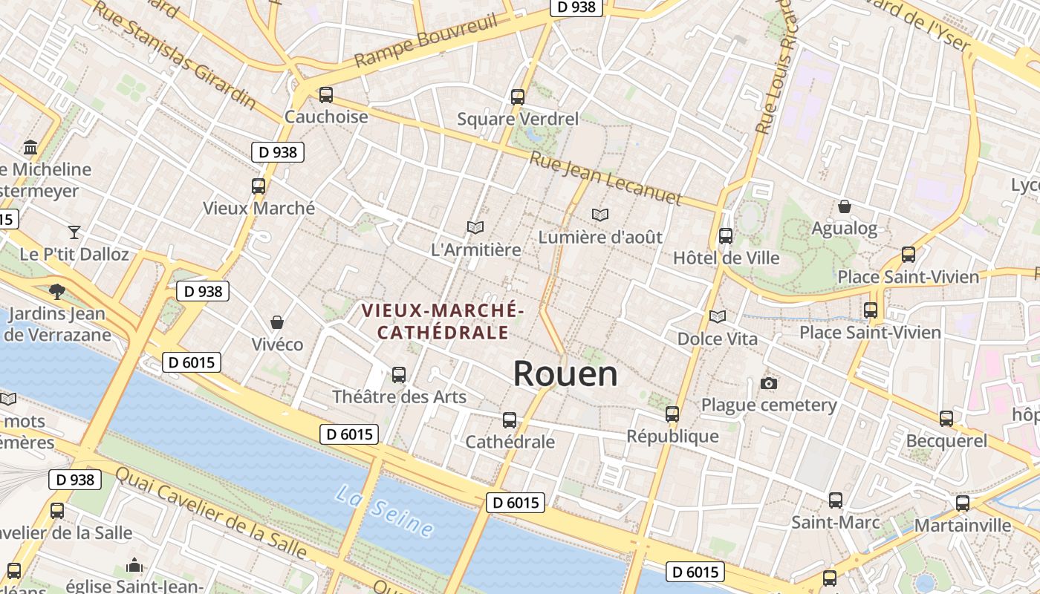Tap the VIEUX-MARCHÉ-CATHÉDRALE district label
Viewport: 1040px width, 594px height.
click(443, 321)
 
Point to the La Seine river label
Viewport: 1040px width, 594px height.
click(384, 510)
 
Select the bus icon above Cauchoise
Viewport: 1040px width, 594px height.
click(326, 95)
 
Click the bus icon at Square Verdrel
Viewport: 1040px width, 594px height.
click(518, 97)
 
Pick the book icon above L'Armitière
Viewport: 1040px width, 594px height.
click(475, 227)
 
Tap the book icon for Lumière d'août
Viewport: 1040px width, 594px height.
click(600, 215)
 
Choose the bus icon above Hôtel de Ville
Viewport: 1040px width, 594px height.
click(726, 236)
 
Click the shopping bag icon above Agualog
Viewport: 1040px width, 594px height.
click(845, 206)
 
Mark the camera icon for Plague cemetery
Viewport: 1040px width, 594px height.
click(769, 383)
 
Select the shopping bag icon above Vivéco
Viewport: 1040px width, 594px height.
click(277, 322)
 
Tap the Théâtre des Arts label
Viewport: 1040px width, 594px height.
click(399, 396)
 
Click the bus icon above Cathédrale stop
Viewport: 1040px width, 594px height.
click(510, 420)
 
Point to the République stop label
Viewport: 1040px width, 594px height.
click(672, 436)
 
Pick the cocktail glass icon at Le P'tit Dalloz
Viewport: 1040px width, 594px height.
click(74, 232)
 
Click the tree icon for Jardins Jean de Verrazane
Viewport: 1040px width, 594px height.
click(57, 291)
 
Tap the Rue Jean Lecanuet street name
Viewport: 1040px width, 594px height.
click(605, 178)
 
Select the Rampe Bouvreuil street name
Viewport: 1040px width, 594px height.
click(426, 40)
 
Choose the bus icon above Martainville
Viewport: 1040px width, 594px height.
click(963, 503)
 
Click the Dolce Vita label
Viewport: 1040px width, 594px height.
click(718, 339)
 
